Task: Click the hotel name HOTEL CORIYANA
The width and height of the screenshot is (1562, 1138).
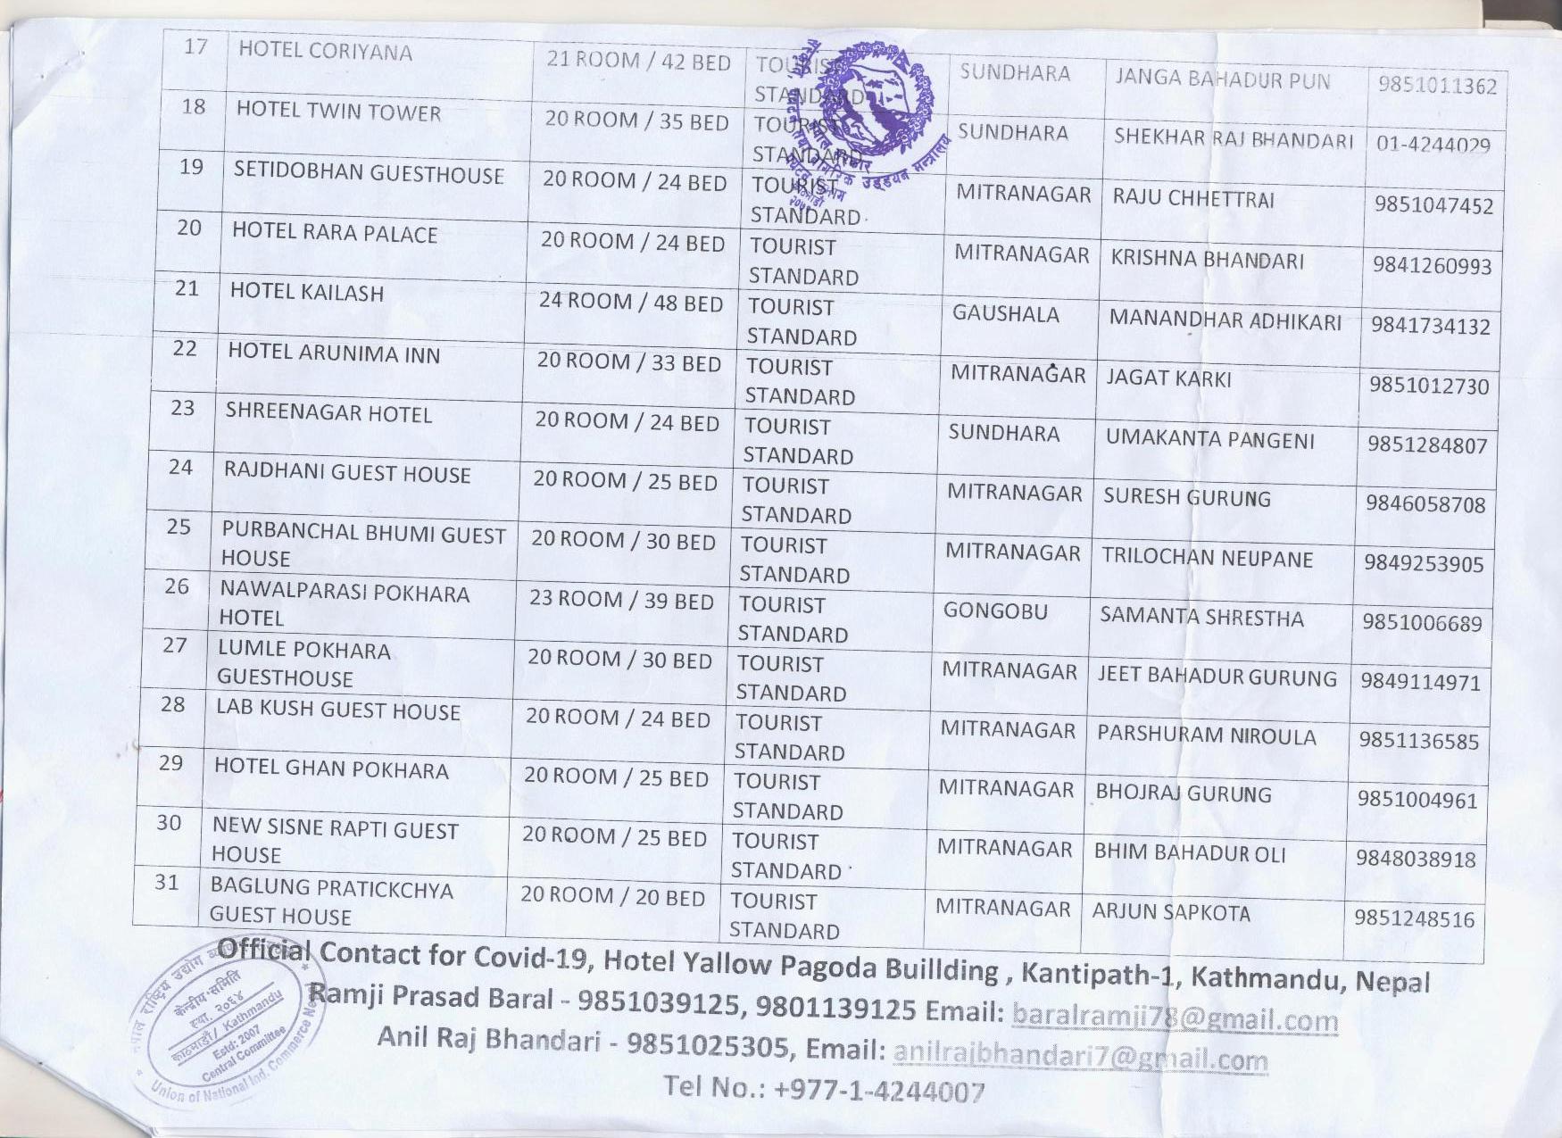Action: (325, 51)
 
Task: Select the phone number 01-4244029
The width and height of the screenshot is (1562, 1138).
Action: (1433, 145)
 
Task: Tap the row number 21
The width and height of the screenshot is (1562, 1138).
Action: (187, 288)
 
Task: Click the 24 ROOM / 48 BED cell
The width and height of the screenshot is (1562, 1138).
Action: (630, 303)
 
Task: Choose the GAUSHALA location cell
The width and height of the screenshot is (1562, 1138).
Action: (1005, 314)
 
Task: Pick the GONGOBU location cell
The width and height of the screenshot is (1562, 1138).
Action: (995, 611)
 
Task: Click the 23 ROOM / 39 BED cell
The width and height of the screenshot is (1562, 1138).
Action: (621, 601)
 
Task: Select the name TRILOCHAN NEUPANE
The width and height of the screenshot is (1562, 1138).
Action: (1207, 559)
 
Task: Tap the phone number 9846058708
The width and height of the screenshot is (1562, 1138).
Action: (1425, 504)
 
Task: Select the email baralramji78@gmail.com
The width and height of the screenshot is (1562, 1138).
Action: (1175, 1018)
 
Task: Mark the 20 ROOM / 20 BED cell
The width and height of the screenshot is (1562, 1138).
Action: (612, 896)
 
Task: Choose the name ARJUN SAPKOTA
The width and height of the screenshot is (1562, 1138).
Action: (1170, 912)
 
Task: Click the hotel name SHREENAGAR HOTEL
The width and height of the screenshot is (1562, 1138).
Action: (328, 413)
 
